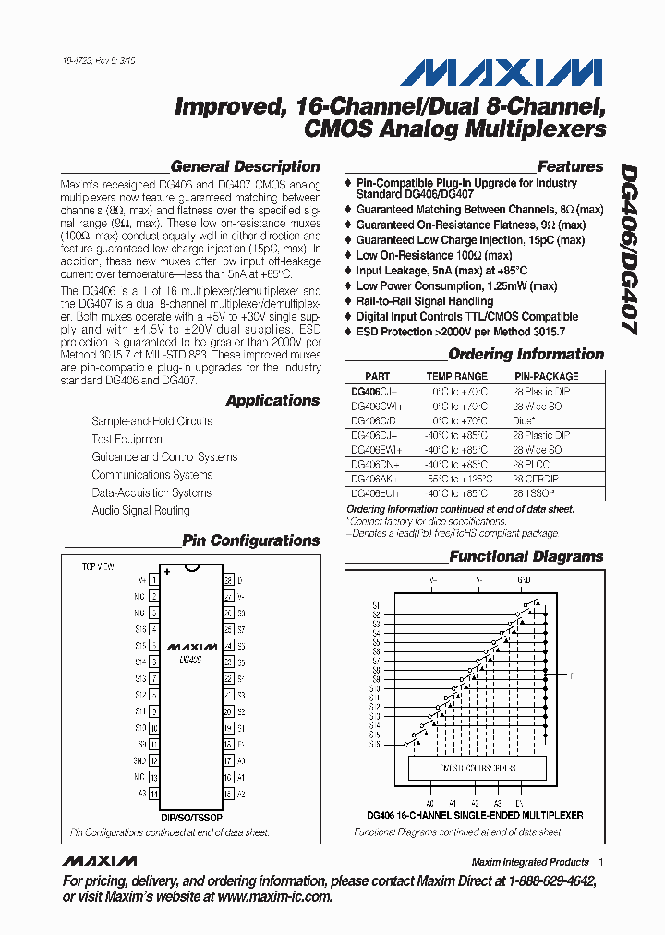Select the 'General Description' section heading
[246, 167]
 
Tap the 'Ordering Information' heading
[526, 355]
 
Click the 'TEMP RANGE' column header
[456, 377]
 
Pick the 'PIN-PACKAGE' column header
[546, 377]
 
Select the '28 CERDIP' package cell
[540, 480]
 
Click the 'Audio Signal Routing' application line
[140, 511]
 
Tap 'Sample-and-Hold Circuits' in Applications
[151, 421]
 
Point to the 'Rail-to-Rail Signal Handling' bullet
[425, 301]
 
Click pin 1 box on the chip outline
[153, 579]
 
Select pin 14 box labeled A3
[153, 794]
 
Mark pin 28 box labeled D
[226, 580]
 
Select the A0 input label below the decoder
[429, 803]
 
